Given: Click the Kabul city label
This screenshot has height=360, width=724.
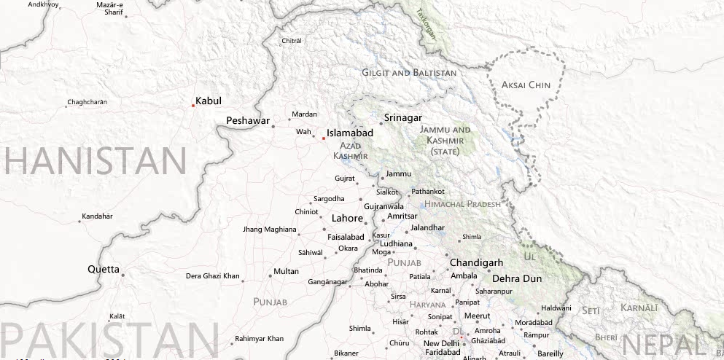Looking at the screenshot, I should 209,101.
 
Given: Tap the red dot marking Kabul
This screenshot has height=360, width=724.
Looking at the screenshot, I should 192,106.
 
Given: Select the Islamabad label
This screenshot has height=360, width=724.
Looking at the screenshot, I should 350,133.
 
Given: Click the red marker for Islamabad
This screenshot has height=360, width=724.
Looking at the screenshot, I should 323,138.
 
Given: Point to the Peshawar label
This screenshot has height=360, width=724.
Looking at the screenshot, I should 248,120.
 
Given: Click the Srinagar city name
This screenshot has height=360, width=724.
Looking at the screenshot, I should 402,118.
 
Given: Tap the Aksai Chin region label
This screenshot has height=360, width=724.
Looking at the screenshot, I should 526,85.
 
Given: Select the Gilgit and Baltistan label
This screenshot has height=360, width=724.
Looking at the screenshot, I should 409,73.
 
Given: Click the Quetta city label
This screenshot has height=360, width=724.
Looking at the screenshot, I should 103,269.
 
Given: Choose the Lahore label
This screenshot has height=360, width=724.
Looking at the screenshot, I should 347,218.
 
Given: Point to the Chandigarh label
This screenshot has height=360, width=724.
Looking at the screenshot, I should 477,262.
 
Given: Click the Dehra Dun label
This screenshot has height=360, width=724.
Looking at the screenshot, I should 517,278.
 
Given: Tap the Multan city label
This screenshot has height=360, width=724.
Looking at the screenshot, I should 286,271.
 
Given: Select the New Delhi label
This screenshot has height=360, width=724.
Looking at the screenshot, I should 441,343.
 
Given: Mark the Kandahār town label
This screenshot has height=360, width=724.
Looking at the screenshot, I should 98,216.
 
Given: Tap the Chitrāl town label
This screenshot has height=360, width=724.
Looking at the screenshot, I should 292,41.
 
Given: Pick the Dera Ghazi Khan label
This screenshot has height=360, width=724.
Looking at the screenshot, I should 212,276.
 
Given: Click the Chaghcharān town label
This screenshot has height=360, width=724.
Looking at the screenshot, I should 87,102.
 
